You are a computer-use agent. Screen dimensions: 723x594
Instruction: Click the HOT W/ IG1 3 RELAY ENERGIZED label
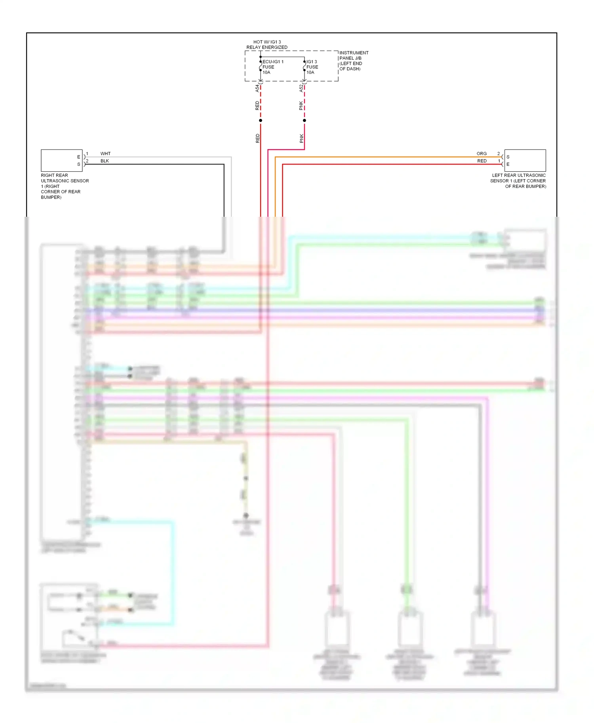pos(267,44)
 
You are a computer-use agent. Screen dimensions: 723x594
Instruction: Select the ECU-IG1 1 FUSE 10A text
pos(272,67)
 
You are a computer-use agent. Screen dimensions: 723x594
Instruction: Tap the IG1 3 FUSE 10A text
pos(312,67)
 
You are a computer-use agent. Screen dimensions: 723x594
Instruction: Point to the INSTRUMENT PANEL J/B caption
pos(353,61)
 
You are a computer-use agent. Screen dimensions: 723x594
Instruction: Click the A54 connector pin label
pos(257,88)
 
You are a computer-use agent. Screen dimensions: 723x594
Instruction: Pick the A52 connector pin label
pos(301,88)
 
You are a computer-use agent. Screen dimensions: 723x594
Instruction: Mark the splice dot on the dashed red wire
pos(261,120)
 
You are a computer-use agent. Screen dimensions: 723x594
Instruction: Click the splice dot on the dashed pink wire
pos(305,120)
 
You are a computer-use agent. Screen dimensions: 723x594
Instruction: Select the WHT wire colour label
pos(105,153)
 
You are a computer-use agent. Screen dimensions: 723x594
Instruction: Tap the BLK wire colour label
pos(105,161)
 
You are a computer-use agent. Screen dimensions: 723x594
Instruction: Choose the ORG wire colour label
pos(482,153)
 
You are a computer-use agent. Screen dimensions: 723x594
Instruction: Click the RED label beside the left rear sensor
pos(482,161)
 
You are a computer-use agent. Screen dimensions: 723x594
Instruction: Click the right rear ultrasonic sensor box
pos(61,160)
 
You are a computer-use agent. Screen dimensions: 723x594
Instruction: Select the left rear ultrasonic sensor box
pos(525,160)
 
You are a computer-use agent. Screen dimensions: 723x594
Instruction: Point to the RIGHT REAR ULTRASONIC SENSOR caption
pos(65,186)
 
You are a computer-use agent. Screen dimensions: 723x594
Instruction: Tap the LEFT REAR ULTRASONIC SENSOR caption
pos(518,181)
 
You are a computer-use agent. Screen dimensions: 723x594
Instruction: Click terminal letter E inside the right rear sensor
pos(78,157)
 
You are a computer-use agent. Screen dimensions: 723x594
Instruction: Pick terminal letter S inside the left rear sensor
pos(508,157)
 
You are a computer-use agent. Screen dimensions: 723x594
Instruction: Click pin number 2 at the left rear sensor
pos(499,153)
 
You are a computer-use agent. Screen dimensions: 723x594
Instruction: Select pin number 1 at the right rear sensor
pos(87,153)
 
